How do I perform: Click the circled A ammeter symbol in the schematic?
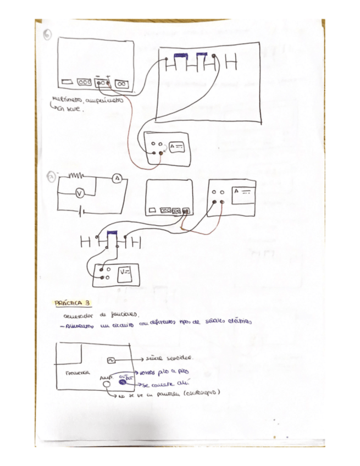click(117, 179)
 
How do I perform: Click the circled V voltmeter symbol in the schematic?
click(79, 193)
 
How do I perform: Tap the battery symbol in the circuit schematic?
click(82, 212)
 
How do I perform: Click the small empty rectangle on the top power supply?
click(67, 82)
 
